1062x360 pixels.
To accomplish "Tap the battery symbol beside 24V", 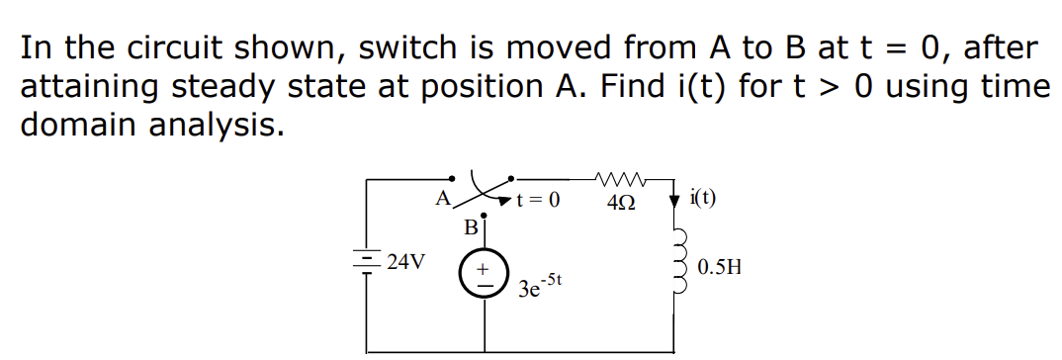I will (x=370, y=262).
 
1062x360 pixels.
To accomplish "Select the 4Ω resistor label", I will (x=624, y=201).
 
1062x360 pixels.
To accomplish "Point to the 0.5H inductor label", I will (x=719, y=267).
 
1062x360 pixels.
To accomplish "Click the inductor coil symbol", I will (x=678, y=264).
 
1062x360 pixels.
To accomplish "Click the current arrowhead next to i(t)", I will (x=675, y=200).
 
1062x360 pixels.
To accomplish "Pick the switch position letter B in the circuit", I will (x=471, y=227).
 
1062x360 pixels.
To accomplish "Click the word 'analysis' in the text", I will (x=223, y=125).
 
